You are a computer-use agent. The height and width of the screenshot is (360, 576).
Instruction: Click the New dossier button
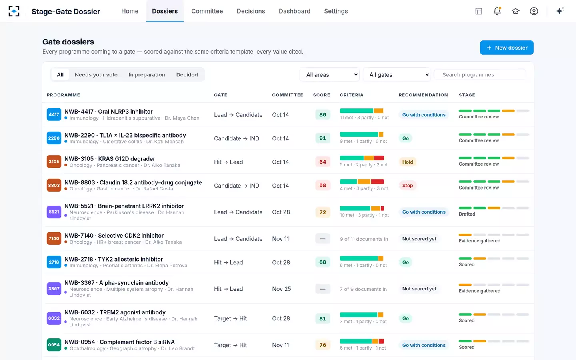click(506, 48)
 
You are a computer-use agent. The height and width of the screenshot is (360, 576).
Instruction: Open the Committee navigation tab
click(207, 11)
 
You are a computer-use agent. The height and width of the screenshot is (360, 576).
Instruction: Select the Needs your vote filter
click(96, 74)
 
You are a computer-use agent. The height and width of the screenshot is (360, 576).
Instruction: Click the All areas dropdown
click(330, 74)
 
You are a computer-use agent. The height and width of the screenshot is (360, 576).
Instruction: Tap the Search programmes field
click(480, 74)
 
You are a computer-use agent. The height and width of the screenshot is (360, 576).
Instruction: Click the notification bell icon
click(497, 11)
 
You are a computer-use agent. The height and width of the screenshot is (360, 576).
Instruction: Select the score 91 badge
click(322, 138)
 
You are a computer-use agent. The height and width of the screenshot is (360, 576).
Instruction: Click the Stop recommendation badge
click(407, 186)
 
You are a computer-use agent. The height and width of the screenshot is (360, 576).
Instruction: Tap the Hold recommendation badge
click(407, 162)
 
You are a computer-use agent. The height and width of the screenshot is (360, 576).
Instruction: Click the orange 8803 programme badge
click(54, 186)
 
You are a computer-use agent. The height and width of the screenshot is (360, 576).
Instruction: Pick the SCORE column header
click(322, 95)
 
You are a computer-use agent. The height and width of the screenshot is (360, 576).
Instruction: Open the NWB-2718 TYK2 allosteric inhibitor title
click(114, 259)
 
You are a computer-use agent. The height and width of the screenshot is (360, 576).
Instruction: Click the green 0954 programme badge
click(54, 345)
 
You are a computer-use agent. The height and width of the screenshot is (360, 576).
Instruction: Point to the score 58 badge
click(322, 186)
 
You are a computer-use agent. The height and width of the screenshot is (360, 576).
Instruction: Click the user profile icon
click(534, 11)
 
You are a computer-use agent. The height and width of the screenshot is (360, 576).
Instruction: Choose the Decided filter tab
click(187, 74)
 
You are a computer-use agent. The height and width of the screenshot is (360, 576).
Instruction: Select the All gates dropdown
click(396, 74)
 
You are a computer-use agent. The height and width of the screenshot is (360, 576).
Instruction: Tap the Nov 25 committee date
click(281, 289)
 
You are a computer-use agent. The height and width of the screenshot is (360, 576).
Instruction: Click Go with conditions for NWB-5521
click(424, 212)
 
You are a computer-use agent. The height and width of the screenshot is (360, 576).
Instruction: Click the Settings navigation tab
click(336, 11)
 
